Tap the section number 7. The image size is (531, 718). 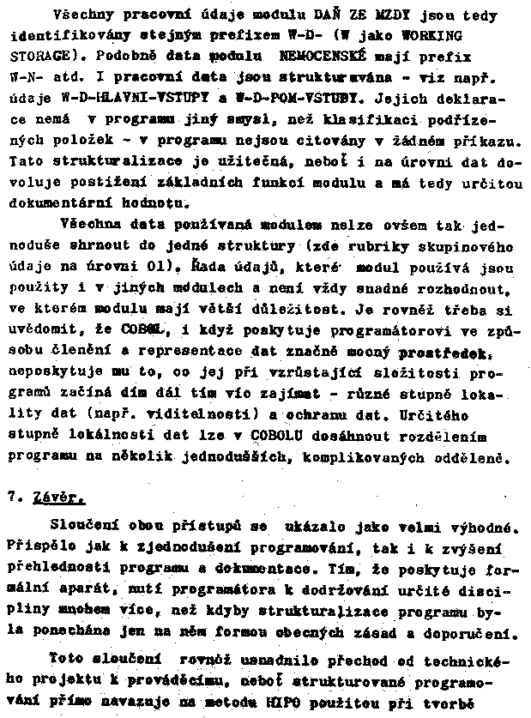click(x=15, y=496)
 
